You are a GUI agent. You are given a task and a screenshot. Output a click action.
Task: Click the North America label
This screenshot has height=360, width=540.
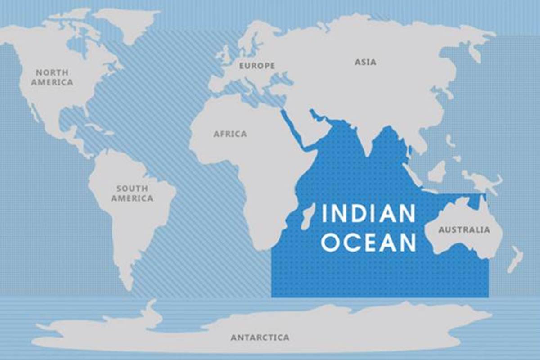(x=53, y=77)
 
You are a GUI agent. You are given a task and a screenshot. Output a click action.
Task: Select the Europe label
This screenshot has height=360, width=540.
(x=257, y=66)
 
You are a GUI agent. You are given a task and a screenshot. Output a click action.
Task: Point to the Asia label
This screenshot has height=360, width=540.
(x=365, y=62)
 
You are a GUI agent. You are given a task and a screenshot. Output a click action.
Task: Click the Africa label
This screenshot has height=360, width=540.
(x=230, y=134)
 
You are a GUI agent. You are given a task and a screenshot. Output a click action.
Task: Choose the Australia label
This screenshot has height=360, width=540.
(x=464, y=230)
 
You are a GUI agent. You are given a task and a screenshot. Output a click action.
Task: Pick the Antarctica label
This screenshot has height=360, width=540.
(x=260, y=337)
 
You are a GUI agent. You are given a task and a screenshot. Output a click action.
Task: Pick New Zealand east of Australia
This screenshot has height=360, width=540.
(x=515, y=260)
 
